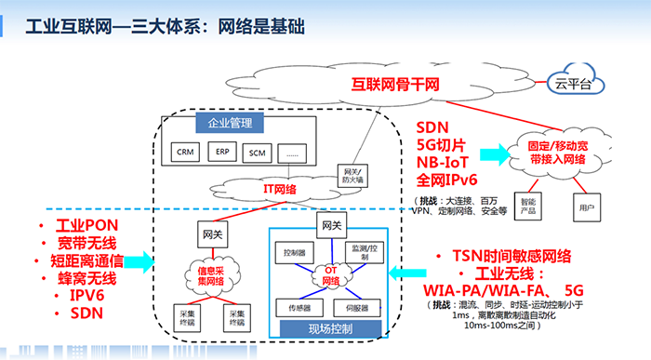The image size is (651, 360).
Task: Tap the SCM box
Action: (257, 152)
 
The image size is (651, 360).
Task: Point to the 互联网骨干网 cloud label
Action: (394, 83)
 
